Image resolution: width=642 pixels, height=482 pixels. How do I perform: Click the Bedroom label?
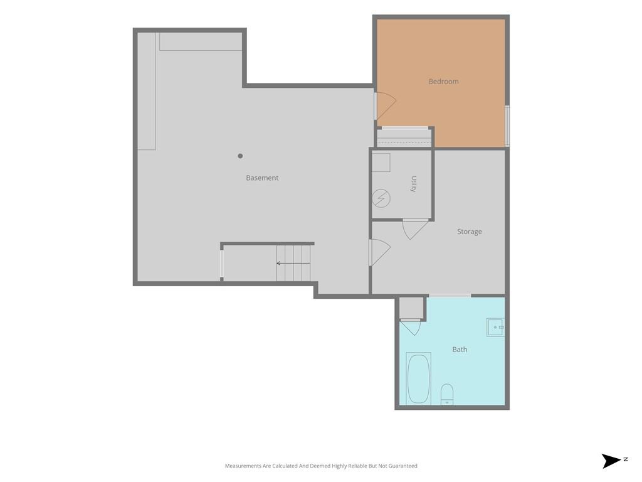[443, 82]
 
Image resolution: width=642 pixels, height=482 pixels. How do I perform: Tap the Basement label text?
[262, 178]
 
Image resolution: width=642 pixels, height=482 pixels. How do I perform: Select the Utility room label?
[414, 184]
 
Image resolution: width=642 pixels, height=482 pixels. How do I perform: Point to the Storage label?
[469, 232]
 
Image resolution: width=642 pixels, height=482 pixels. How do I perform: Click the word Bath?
[460, 350]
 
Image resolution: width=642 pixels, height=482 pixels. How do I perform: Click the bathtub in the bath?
[418, 378]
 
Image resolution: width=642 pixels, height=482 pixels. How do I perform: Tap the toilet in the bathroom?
[446, 394]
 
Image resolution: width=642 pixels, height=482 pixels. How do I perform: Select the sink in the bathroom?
[495, 328]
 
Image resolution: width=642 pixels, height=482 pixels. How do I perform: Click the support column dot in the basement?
[240, 156]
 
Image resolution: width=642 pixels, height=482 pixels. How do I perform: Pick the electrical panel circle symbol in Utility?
[381, 199]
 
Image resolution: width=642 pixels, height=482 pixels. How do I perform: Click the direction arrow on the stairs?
[293, 263]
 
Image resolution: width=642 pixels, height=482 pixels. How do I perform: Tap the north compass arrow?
[611, 461]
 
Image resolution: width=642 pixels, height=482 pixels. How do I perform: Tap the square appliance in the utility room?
[381, 163]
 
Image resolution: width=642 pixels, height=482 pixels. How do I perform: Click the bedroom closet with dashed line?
[404, 138]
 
